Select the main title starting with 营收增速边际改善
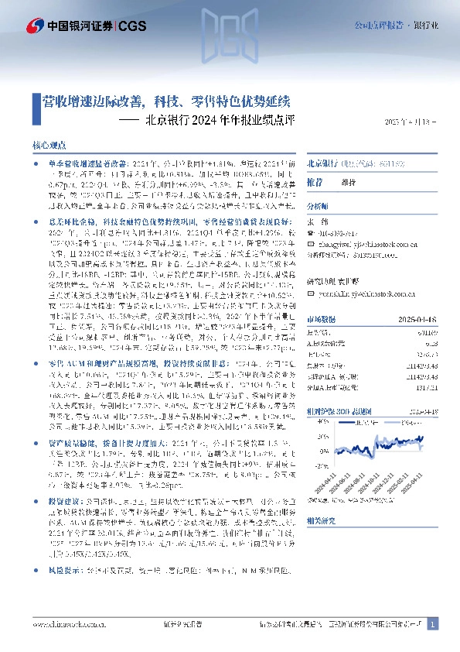click(x=165, y=101)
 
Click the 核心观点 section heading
click(x=49, y=146)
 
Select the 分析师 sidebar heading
click(x=318, y=207)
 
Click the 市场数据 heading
click(x=321, y=318)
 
